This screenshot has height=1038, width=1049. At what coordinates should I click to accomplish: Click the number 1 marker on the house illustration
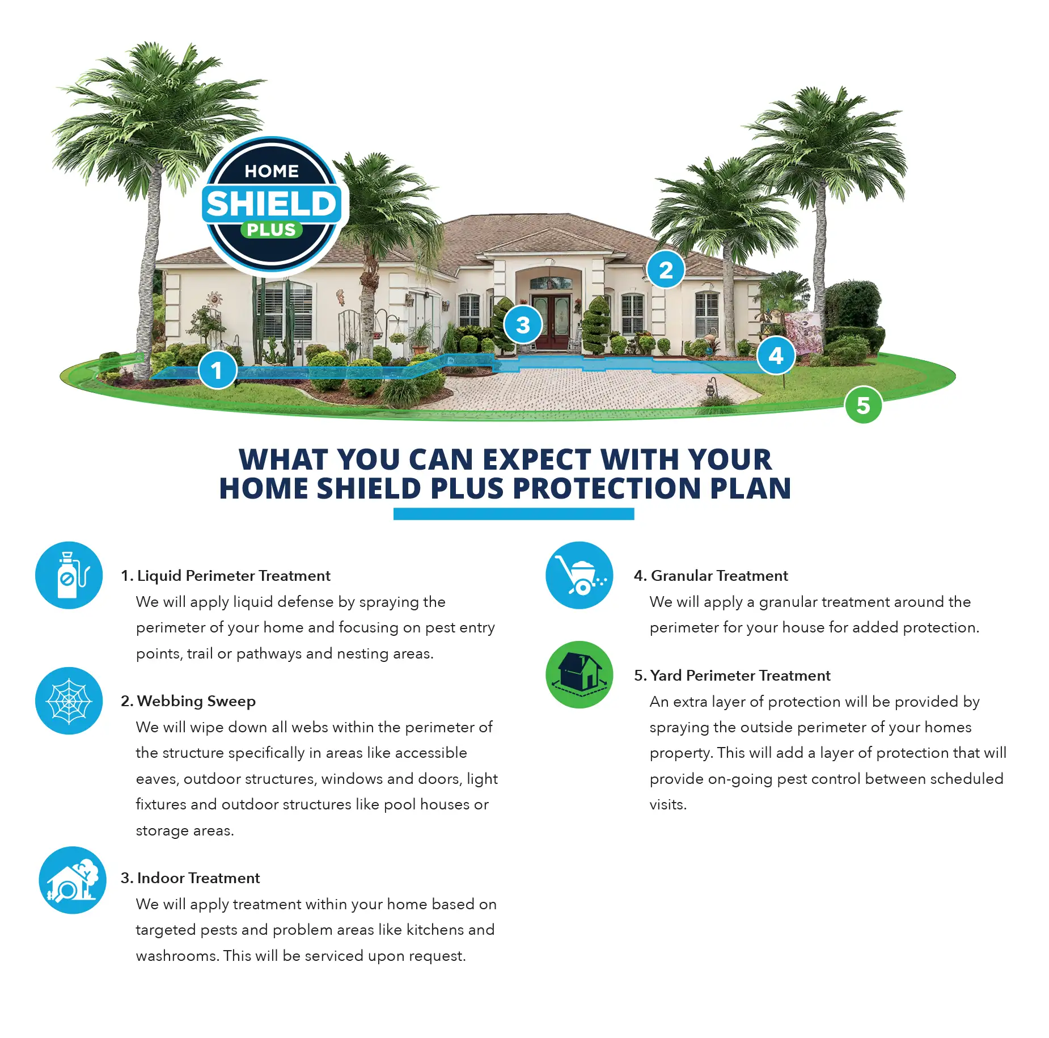[217, 370]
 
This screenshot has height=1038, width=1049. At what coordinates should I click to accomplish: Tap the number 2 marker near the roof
[665, 269]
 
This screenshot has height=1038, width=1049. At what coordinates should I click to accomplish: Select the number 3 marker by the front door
[523, 324]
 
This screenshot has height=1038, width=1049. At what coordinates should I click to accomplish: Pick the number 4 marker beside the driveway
[776, 356]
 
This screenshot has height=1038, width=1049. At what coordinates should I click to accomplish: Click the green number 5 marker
[862, 405]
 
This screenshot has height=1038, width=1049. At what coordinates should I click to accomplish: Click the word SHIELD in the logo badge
[272, 204]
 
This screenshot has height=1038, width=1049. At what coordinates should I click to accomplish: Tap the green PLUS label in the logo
[272, 230]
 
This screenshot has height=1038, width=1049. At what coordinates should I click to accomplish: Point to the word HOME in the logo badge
[272, 171]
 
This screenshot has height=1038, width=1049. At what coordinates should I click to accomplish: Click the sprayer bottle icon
[69, 575]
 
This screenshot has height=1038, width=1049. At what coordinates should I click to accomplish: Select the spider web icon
[69, 701]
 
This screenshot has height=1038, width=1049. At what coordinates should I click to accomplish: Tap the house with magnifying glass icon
[72, 880]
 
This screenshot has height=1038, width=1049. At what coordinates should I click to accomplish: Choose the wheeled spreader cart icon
[579, 575]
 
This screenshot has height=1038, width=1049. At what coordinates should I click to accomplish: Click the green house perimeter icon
[579, 674]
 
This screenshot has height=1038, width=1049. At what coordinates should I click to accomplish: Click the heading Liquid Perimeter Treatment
[226, 576]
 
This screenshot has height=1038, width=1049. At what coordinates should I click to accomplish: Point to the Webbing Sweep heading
[188, 701]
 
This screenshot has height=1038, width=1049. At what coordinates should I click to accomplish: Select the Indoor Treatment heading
[191, 878]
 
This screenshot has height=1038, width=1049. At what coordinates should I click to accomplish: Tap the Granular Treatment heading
[711, 576]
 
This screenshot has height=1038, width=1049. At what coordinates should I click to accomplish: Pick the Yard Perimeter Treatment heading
[732, 676]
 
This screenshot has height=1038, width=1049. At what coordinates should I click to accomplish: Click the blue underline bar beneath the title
[513, 514]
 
